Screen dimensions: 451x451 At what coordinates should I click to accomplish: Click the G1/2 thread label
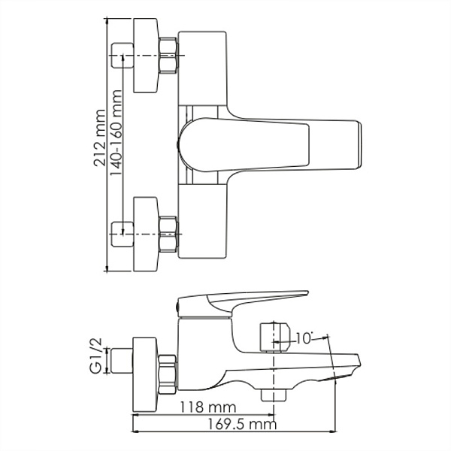coord(95,360)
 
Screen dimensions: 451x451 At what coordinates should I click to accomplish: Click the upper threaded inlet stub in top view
coord(121,56)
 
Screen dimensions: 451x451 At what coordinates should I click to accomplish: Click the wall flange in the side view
coord(144,368)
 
